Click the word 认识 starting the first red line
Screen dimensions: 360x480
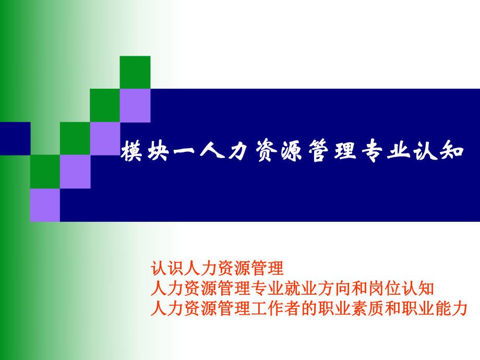coord(166,269)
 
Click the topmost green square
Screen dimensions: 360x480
coord(135,72)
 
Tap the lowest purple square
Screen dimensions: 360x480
coord(45,205)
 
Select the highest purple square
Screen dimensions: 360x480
coord(135,105)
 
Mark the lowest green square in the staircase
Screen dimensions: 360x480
coord(45,172)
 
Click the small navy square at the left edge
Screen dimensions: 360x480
coord(15,138)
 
